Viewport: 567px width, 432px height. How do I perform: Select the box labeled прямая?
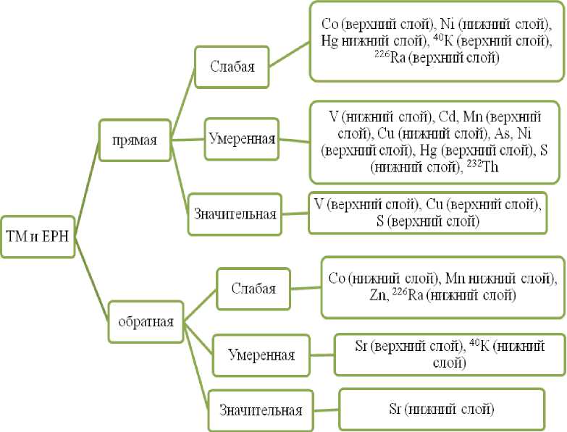coord(135,140)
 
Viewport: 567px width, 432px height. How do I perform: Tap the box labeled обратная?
coord(146,320)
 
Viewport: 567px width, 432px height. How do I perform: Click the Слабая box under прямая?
coord(232,67)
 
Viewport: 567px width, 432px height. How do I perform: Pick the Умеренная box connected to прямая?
coord(241,137)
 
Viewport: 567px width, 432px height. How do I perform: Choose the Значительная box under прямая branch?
coord(235,214)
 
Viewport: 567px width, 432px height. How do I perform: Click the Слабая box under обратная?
coord(253,288)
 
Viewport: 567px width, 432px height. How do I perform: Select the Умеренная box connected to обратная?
coord(261,355)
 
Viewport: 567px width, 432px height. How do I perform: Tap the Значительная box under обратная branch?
coord(261,410)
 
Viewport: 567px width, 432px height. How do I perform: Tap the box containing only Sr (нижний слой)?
coord(442,409)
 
